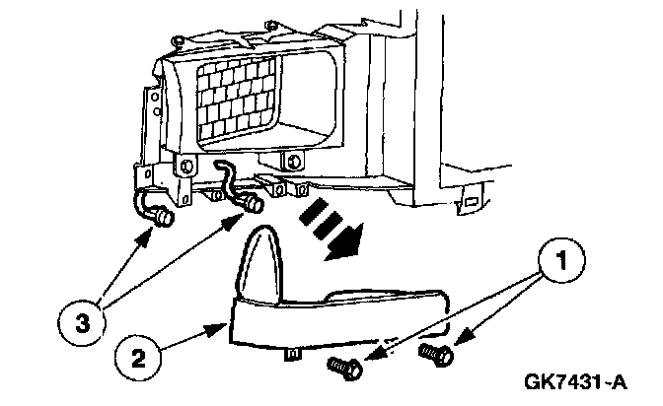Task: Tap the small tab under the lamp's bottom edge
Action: click(293, 351)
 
